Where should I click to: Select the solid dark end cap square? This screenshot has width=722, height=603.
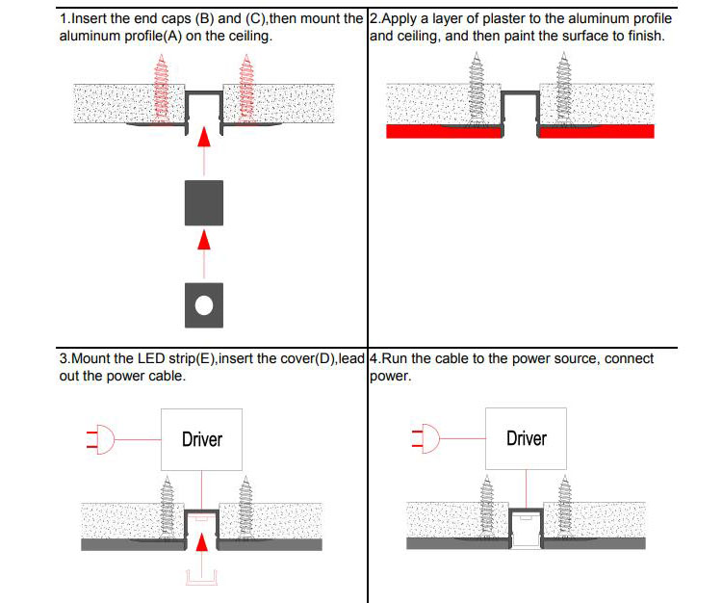pos(203,203)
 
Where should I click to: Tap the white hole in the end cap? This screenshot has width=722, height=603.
pos(203,306)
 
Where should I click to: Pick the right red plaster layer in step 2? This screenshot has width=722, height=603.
pos(596,132)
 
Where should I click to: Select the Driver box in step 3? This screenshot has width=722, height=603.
pos(201,439)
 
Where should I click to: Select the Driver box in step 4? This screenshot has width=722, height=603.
pos(526,438)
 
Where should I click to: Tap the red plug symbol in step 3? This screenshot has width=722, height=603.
pos(101,440)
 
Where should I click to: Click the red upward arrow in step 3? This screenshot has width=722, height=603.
pos(202,545)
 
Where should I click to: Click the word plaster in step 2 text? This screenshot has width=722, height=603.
pos(506,19)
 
